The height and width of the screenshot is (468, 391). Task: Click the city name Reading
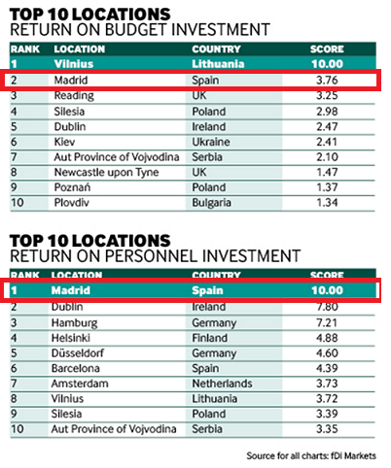pyautogui.click(x=73, y=96)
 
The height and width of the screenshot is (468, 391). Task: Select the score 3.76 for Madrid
pyautogui.click(x=325, y=82)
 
